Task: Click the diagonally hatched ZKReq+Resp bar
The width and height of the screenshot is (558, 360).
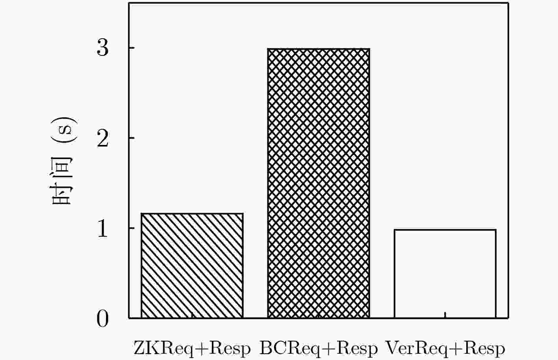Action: [192, 265]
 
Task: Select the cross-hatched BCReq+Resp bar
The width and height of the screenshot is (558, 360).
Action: [319, 184]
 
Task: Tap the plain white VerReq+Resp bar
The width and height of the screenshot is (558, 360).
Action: [445, 274]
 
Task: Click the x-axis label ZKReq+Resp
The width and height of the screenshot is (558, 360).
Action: [192, 349]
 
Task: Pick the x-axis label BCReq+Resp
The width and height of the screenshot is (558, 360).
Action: [319, 349]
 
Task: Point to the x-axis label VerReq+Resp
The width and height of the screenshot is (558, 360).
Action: [445, 349]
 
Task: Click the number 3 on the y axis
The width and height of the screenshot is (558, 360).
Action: [103, 48]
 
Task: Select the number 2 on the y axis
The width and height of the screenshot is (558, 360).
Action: [103, 138]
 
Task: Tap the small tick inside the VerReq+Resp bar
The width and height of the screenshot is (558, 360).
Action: [445, 315]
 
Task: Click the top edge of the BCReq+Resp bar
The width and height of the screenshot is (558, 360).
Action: [319, 49]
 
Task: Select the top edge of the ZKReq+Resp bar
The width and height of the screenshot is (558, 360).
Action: [192, 214]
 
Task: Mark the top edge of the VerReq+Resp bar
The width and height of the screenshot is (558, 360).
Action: [445, 230]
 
